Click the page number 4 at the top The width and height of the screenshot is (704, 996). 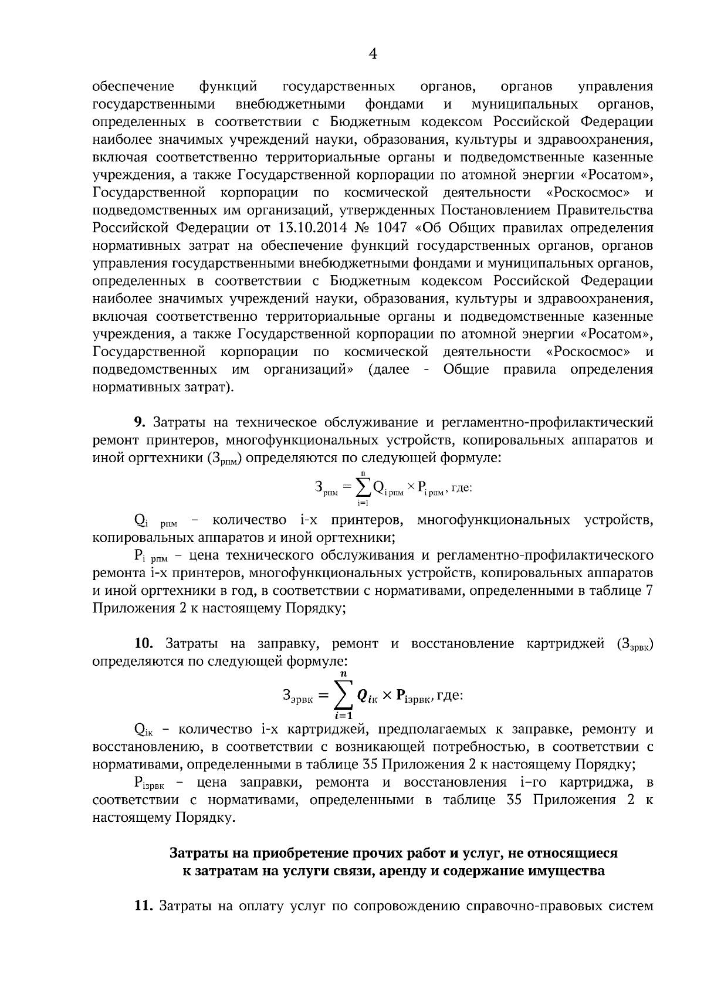click(x=372, y=55)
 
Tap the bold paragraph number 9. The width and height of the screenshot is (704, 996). click(x=139, y=422)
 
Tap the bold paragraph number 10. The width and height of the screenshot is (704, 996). click(x=143, y=643)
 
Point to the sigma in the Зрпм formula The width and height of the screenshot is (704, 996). click(x=363, y=487)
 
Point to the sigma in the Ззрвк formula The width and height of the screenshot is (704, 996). click(x=344, y=696)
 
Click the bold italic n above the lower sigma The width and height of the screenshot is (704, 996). click(x=344, y=675)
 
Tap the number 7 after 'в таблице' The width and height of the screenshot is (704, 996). click(x=649, y=591)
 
